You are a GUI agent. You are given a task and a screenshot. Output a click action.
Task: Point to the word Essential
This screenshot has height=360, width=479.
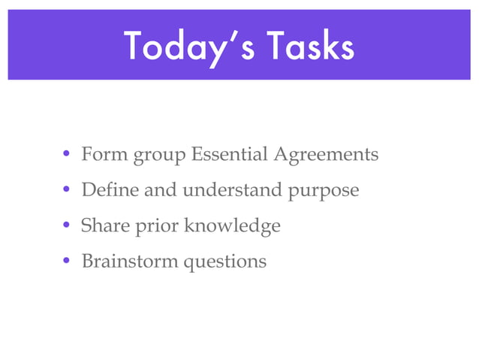coord(229,155)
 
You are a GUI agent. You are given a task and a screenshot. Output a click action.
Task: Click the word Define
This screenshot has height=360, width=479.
coord(110,190)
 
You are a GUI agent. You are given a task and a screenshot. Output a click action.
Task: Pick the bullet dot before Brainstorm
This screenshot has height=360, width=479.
coord(67,262)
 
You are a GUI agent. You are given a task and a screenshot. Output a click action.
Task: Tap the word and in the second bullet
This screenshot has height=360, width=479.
coord(161,190)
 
